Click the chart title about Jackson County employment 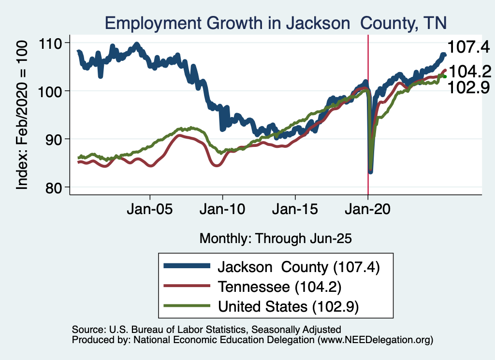(x=276, y=23)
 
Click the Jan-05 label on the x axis (x=150, y=211)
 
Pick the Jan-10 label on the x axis (x=222, y=211)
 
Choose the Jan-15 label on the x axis (x=295, y=211)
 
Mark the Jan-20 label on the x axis (x=368, y=211)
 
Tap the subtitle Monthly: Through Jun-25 (x=276, y=238)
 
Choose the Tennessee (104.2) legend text (x=280, y=287)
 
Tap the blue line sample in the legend (x=187, y=266)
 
